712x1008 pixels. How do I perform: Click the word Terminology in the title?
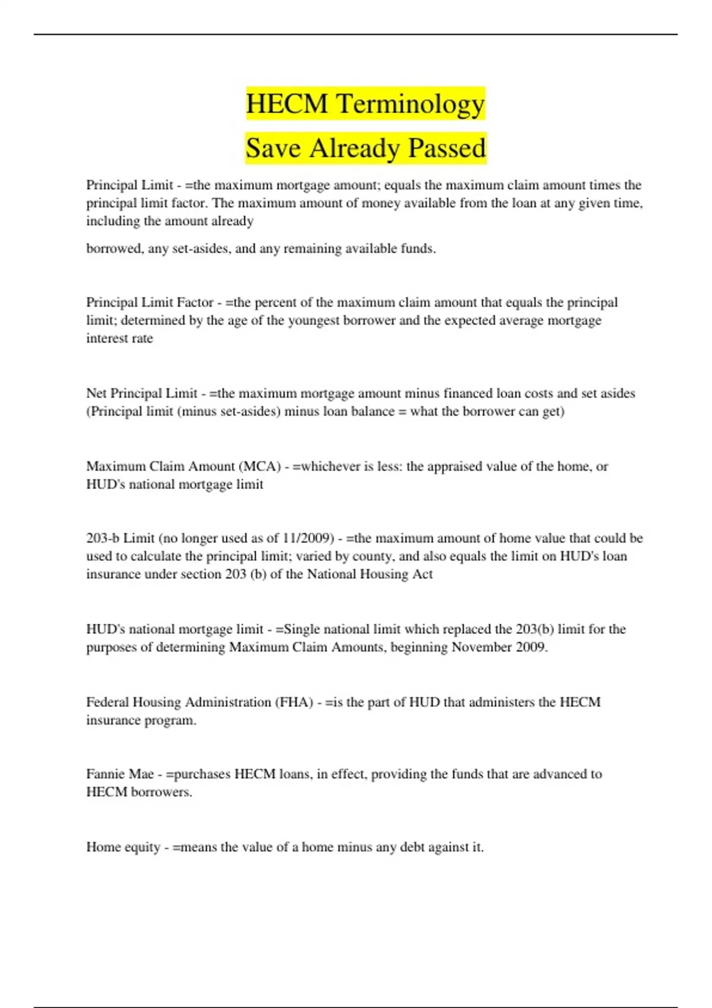[411, 104]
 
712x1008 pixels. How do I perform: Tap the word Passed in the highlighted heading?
[446, 148]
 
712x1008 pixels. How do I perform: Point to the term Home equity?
[123, 847]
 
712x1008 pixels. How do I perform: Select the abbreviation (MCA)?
[259, 466]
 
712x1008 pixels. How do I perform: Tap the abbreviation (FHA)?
[294, 702]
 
